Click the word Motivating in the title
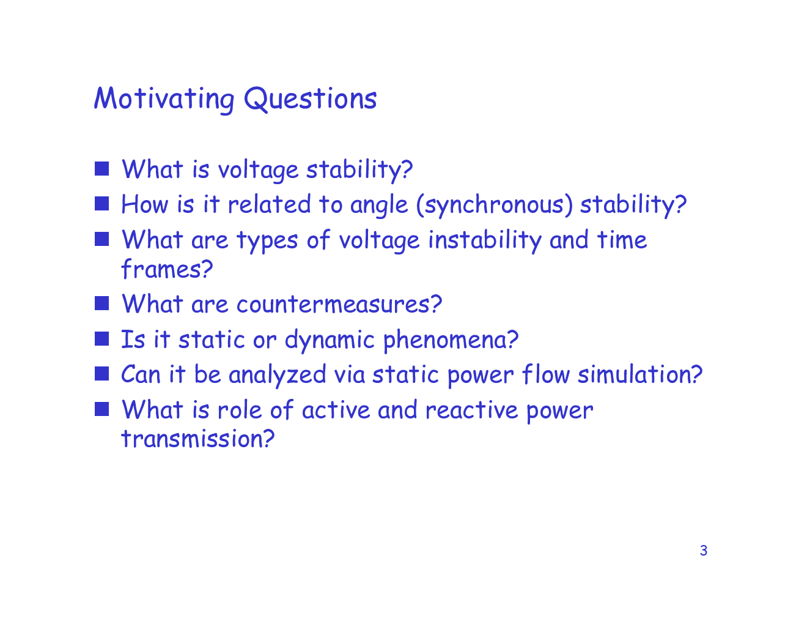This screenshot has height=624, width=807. point(164,99)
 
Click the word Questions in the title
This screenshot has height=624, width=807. point(311,99)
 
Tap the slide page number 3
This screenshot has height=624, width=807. point(704,551)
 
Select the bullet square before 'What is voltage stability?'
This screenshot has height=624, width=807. point(101,168)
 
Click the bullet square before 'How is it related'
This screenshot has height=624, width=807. point(101,204)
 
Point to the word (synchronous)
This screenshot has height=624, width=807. point(495,205)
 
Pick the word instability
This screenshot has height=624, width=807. point(485,240)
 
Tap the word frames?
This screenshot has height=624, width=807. point(167,269)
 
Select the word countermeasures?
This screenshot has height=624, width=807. point(339,305)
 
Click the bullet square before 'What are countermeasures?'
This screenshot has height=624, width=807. point(101,303)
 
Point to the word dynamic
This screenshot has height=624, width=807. point(330,340)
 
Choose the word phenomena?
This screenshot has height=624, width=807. point(451,340)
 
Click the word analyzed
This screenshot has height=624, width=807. point(278,374)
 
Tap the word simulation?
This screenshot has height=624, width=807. point(640,374)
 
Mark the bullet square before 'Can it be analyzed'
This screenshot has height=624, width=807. point(101,374)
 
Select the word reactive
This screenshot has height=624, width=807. point(471,410)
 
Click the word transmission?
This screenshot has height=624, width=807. point(198,439)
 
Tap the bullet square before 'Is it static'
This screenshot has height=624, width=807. point(101,338)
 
